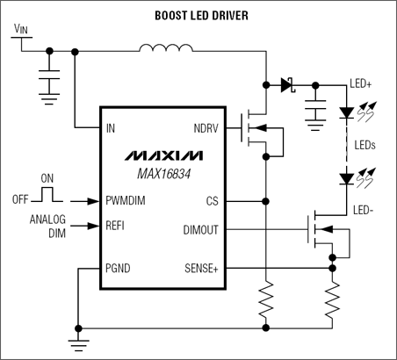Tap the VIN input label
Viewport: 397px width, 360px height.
pos(23,29)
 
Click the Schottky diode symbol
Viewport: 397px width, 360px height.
pos(287,85)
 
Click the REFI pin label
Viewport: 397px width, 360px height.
pos(115,226)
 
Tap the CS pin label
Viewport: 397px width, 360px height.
pos(211,200)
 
